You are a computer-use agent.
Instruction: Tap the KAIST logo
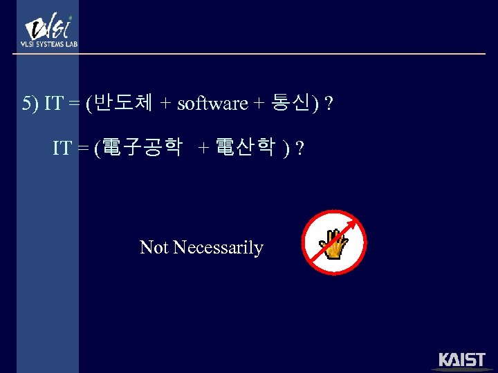(462, 361)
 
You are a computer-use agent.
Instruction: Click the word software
(212, 104)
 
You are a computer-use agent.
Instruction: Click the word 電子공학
(142, 147)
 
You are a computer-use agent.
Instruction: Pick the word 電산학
(246, 147)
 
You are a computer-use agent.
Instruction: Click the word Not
(154, 247)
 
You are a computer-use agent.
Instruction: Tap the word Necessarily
(218, 247)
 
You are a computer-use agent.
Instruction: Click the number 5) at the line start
(30, 104)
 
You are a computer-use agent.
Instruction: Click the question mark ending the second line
(299, 148)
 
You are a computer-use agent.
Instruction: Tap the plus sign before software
(166, 104)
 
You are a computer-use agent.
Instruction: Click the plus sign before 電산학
(203, 148)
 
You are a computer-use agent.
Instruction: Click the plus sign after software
(259, 104)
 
